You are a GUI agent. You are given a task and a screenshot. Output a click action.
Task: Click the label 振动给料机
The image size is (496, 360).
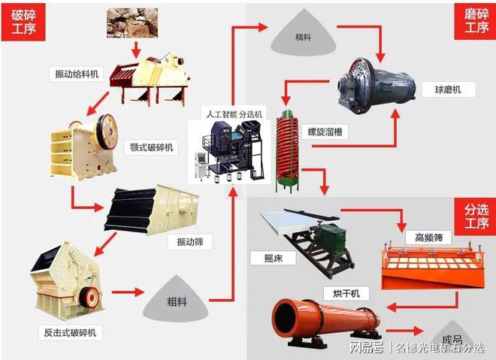(x=76, y=74)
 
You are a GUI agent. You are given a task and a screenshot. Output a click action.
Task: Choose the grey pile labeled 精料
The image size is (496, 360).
(x=303, y=35)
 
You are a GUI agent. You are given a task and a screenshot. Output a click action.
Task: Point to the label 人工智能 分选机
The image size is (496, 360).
(x=234, y=113)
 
